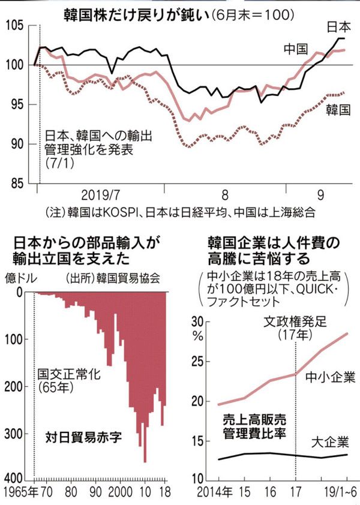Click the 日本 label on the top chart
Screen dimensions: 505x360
[x=340, y=27]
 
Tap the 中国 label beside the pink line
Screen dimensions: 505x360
[x=296, y=47]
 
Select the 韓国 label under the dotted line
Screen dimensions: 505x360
[x=338, y=110]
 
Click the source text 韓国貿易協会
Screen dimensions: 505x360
[x=136, y=278]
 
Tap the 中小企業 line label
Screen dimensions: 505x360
[x=330, y=378]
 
